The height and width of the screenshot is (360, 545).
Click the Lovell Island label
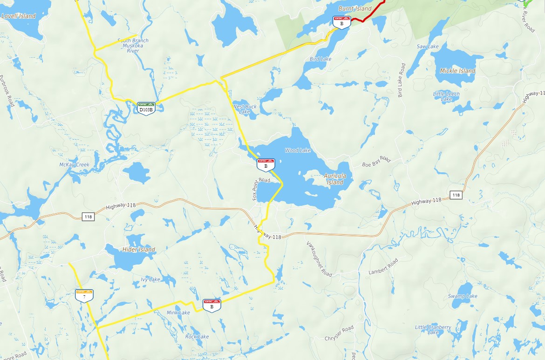pyautogui.click(x=19, y=16)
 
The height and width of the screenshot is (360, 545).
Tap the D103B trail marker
pyautogui.click(x=146, y=108)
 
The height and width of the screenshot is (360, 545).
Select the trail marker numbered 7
pyautogui.click(x=84, y=295)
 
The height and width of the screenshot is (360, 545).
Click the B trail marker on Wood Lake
pyautogui.click(x=266, y=164)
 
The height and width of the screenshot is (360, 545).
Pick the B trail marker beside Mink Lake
pyautogui.click(x=211, y=305)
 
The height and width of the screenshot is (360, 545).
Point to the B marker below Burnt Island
pyautogui.click(x=341, y=21)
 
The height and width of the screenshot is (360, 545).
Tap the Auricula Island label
pyautogui.click(x=335, y=179)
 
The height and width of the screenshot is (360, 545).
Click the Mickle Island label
pyautogui.click(x=457, y=71)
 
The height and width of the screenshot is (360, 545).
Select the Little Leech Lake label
pyautogui.click(x=446, y=96)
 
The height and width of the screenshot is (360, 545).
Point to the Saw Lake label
pyautogui.click(x=428, y=47)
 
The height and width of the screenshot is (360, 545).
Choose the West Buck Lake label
pyautogui.click(x=245, y=109)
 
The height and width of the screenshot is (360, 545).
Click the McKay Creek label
pyautogui.click(x=74, y=165)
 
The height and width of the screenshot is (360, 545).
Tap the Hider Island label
pyautogui.click(x=139, y=250)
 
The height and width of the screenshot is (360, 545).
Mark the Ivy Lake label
pyautogui.click(x=150, y=279)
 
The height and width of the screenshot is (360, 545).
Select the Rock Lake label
pyautogui.click(x=197, y=336)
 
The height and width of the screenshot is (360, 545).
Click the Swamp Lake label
pyautogui.click(x=463, y=296)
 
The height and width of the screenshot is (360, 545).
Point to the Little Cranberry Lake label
pyautogui.click(x=433, y=330)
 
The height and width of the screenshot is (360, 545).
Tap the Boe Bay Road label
pyautogui.click(x=376, y=162)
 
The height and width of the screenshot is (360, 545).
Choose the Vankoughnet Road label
pyautogui.click(x=319, y=259)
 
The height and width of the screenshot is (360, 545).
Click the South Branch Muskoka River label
pyautogui.click(x=133, y=45)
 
